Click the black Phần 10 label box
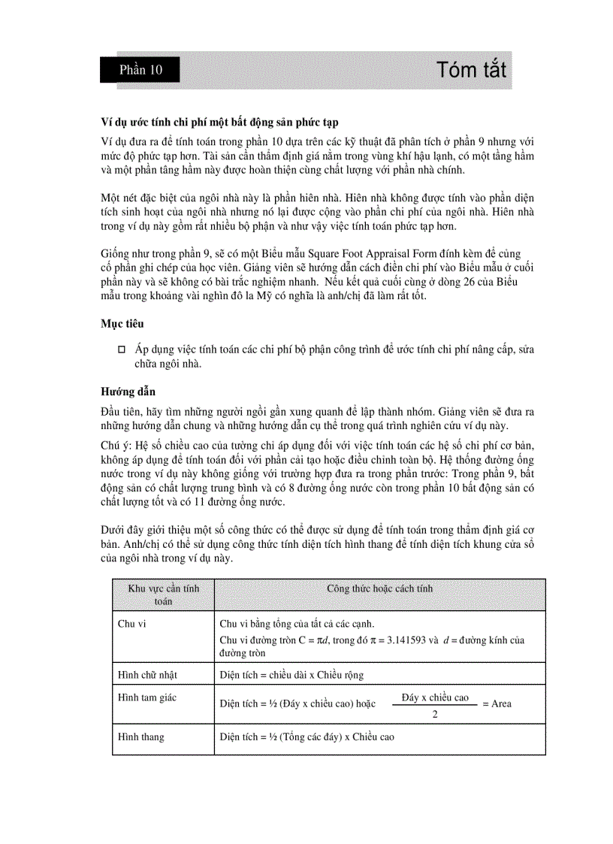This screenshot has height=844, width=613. coord(140,71)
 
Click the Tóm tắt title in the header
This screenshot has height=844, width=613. coord(471,71)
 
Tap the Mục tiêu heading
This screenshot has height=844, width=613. coord(123,323)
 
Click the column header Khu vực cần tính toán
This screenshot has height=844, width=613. coord(163,594)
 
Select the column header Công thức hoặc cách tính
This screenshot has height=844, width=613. coord(379,588)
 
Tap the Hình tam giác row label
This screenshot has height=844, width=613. coord(147,697)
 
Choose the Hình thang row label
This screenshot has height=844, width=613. coord(141,737)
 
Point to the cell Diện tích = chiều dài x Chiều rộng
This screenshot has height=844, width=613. coord(291,675)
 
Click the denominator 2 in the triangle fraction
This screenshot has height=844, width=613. coord(435,714)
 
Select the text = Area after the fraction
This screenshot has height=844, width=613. coord(497,704)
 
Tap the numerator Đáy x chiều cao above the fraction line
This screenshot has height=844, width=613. coord(435,697)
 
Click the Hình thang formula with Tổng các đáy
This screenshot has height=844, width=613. coord(306,737)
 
